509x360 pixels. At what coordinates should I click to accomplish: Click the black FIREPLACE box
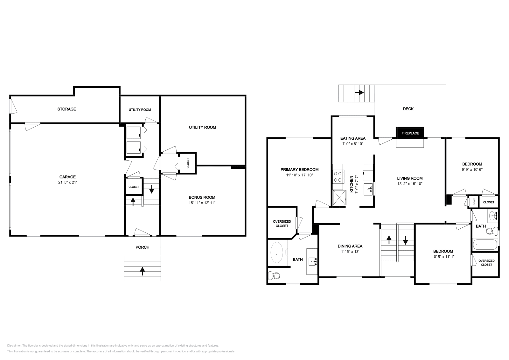(410, 133)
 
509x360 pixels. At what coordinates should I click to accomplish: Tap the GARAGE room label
(67, 177)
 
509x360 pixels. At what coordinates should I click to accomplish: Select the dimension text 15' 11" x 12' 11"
(202, 203)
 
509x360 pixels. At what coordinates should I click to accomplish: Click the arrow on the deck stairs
(359, 93)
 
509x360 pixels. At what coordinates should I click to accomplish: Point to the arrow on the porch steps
(143, 271)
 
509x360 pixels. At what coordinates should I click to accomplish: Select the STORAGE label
(66, 109)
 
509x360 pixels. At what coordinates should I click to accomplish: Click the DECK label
(408, 109)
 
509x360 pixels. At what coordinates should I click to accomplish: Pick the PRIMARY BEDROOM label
(299, 170)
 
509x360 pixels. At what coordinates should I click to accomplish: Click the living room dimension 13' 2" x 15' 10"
(409, 184)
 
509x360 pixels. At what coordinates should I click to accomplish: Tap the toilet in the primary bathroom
(274, 275)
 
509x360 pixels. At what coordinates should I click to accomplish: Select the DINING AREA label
(350, 246)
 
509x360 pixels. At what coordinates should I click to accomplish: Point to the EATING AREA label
(353, 138)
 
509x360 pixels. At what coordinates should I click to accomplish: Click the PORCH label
(142, 247)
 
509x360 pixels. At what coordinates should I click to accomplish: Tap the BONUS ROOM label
(202, 197)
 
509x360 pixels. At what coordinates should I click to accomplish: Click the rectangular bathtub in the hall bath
(485, 245)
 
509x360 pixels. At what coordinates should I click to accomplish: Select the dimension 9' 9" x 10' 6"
(472, 170)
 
